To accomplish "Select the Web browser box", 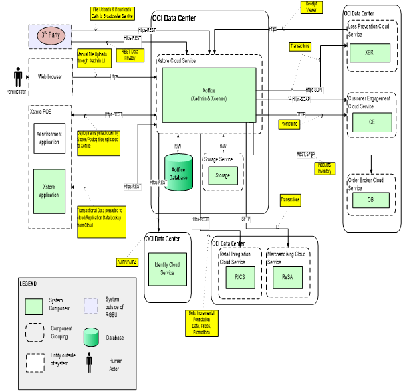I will [49, 76].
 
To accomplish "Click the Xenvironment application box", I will [49, 138].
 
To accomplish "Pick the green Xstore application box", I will [49, 190].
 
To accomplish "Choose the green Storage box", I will [222, 175].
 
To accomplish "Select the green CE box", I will [372, 122].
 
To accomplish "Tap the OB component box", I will [370, 199].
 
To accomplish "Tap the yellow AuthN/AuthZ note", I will [128, 261].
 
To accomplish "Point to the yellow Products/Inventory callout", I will [325, 169].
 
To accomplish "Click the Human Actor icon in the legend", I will [89, 363].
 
